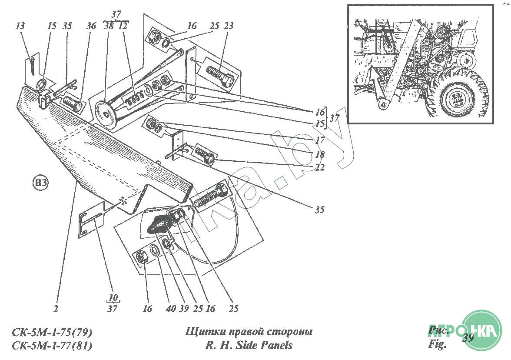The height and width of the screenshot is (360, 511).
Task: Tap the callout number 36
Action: point(91,26)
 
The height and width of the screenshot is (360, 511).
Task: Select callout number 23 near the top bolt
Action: point(229,26)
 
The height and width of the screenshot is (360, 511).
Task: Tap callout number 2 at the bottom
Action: point(56,309)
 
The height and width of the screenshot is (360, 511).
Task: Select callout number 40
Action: point(171,309)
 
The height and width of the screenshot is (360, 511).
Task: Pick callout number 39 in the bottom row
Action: point(184,309)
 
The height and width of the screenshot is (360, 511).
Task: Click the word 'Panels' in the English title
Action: point(276,346)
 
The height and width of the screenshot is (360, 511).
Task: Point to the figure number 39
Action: point(468,338)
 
